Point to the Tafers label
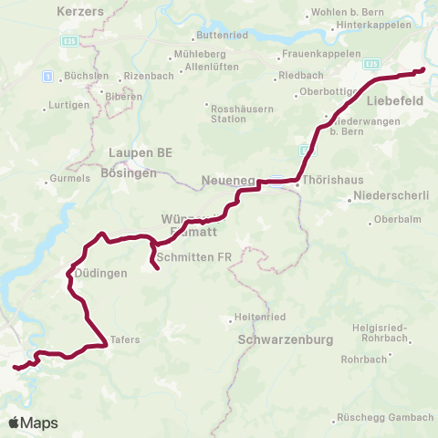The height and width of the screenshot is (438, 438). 124,339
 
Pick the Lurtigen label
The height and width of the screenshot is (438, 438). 68,105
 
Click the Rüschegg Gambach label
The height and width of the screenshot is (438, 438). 384,417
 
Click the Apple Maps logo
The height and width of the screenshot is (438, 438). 34,422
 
